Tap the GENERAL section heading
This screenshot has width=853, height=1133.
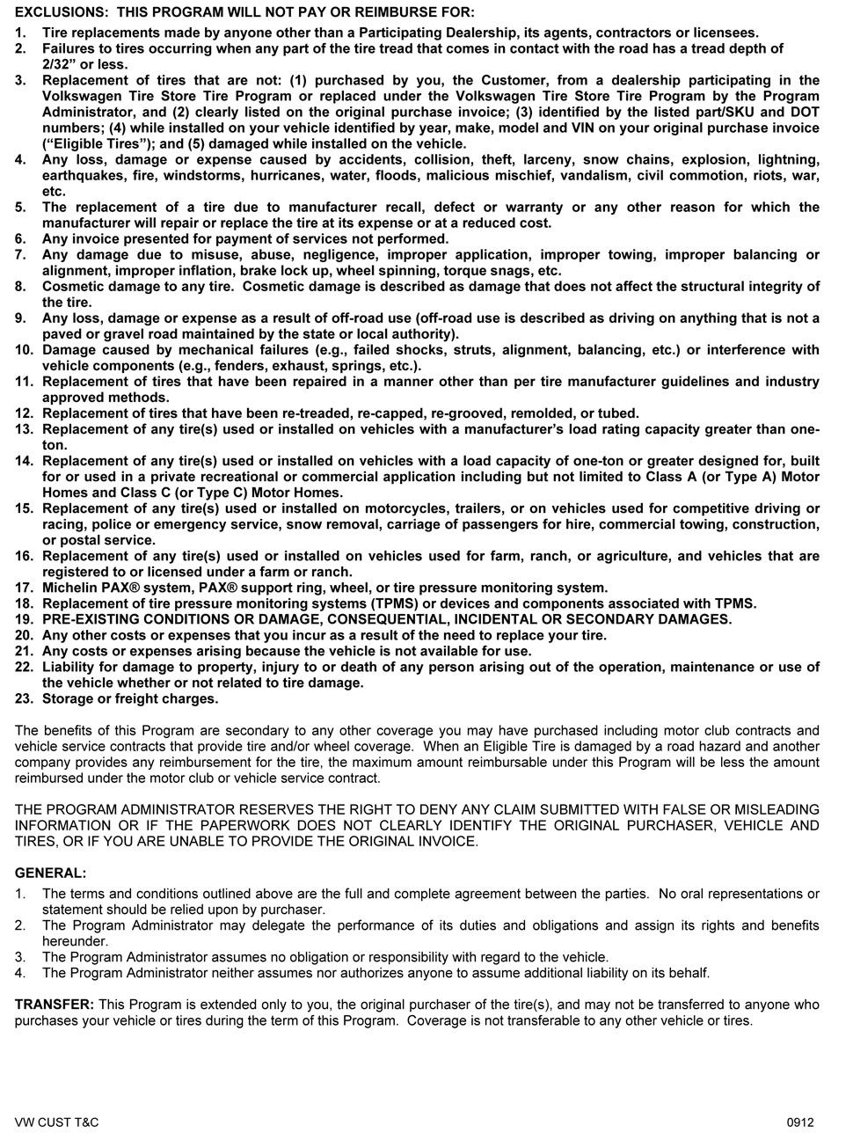tap(51, 874)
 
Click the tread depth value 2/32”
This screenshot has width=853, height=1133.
tap(59, 64)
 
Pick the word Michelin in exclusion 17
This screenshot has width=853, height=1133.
tap(70, 588)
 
